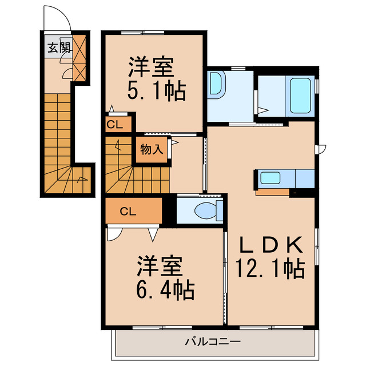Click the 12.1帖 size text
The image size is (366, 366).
pos(269,268)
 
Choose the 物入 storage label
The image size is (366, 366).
pos(152,150)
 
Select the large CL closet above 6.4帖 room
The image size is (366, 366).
pos(128,211)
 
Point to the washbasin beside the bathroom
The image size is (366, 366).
pos(218,83)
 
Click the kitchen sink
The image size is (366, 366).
pos(270,178)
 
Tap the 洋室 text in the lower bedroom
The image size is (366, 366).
pos(160,266)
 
